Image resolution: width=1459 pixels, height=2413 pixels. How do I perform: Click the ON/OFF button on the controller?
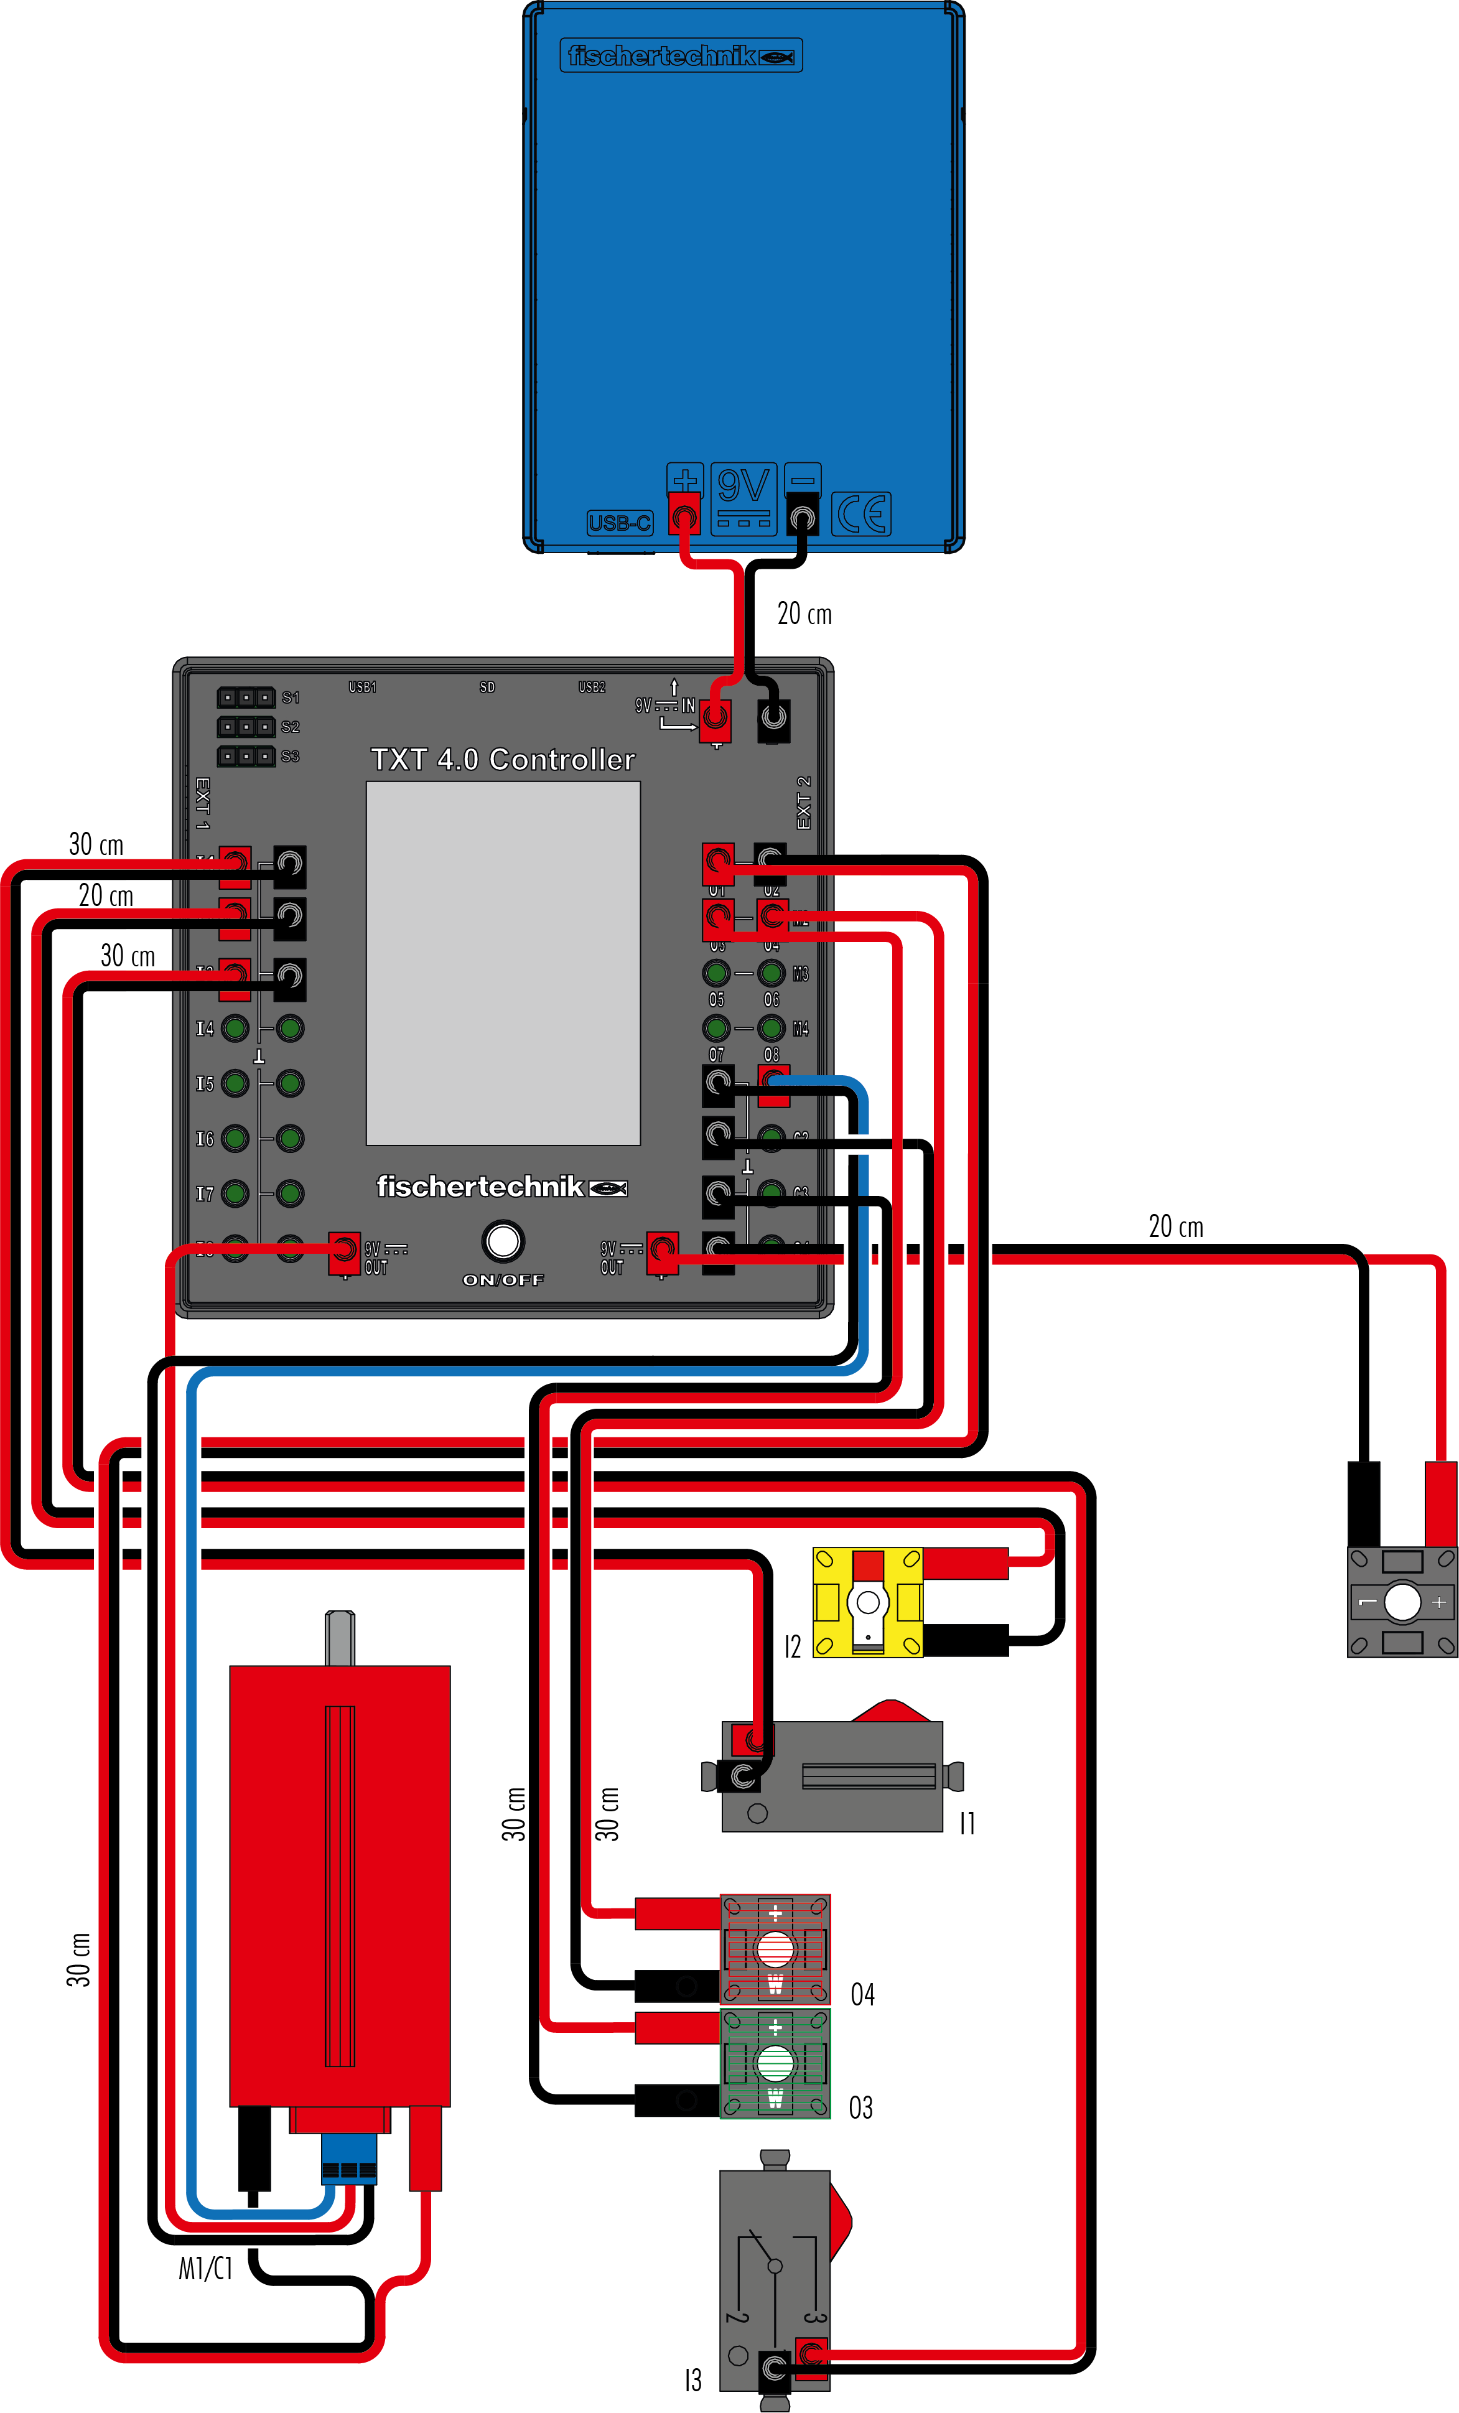(503, 1241)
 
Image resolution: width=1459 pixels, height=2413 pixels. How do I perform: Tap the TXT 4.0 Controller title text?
(502, 759)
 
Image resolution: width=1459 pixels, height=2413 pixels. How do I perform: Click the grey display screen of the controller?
(502, 963)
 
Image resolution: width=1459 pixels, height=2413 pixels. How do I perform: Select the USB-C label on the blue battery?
(620, 523)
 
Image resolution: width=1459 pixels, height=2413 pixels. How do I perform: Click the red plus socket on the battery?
(684, 514)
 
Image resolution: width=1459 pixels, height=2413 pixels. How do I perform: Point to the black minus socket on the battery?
(803, 514)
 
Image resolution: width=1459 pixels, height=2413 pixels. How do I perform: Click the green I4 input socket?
(235, 1029)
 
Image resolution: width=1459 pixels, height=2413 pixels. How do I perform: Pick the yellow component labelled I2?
(867, 1602)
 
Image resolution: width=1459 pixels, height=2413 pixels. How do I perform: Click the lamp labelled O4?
(775, 1949)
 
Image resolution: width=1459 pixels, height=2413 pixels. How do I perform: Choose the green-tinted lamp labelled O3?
(775, 2063)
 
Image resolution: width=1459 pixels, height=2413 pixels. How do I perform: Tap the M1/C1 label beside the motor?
(206, 2268)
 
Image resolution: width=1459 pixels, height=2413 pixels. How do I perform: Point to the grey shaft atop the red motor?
(340, 1638)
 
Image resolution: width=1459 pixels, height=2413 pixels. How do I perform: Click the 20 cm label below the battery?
(804, 614)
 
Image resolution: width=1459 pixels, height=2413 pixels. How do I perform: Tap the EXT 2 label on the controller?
(804, 803)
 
